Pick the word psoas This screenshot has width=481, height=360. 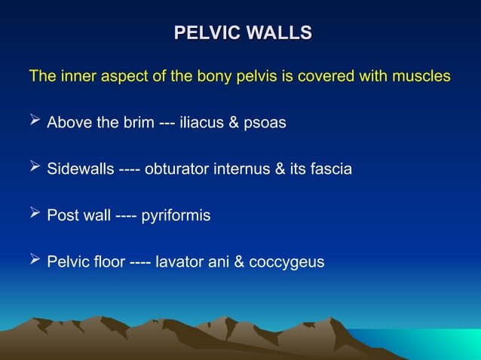(267, 123)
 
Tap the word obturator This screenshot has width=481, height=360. (176, 169)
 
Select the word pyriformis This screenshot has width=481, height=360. (176, 216)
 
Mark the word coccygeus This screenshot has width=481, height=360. (286, 263)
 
